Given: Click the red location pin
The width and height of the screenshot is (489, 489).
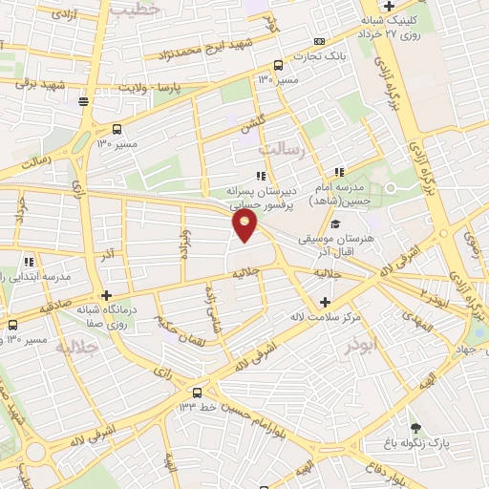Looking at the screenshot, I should (244, 225).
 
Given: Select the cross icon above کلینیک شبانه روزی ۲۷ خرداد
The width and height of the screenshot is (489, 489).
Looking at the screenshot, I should (388, 7).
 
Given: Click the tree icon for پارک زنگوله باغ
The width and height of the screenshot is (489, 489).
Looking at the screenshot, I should (415, 427).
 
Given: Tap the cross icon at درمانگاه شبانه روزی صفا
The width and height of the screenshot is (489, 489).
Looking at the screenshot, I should (106, 295).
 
